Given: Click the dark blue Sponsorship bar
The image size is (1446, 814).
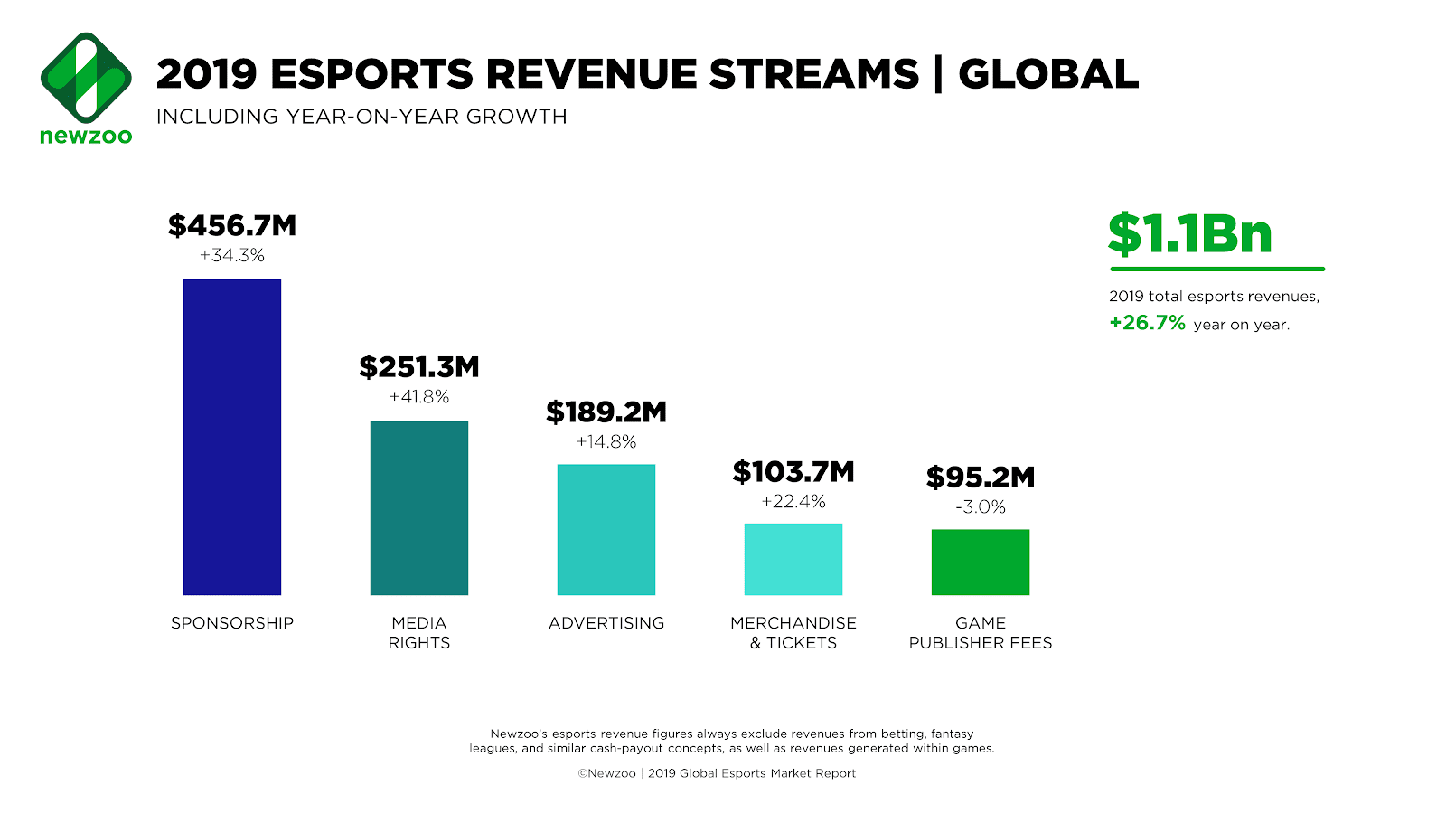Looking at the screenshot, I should [x=232, y=437].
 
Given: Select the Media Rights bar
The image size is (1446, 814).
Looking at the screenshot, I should [x=419, y=508].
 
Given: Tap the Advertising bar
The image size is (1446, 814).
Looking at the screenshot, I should [x=606, y=530].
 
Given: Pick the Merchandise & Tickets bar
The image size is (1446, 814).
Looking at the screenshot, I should [x=793, y=559].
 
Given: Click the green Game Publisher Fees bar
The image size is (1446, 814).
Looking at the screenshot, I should [x=981, y=563].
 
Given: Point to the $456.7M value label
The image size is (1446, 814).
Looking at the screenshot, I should [x=232, y=225].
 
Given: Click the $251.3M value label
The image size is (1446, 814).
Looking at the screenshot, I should [x=419, y=366].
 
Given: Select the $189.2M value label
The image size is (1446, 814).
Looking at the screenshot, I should [x=606, y=412].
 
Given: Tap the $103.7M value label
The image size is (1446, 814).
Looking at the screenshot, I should [x=793, y=471].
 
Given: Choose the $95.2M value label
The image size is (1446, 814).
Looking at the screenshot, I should [x=981, y=477].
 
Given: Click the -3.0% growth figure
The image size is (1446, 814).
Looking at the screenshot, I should [x=981, y=507].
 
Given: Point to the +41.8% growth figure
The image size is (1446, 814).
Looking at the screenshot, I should [x=419, y=397].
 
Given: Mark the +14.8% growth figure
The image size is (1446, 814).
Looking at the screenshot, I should [x=606, y=442].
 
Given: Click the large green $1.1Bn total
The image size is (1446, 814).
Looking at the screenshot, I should [x=1190, y=234].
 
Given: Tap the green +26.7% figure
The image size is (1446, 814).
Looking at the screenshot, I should [x=1147, y=323].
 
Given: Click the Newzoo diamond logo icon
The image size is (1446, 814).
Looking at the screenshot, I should [x=86, y=78].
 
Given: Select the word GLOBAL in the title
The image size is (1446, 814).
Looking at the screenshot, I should [x=1048, y=74].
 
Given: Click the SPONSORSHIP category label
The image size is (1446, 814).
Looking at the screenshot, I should [x=232, y=623].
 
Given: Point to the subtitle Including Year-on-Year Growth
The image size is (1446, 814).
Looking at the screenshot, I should [x=361, y=117].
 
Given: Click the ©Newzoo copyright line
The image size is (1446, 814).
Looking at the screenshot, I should [x=717, y=773].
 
